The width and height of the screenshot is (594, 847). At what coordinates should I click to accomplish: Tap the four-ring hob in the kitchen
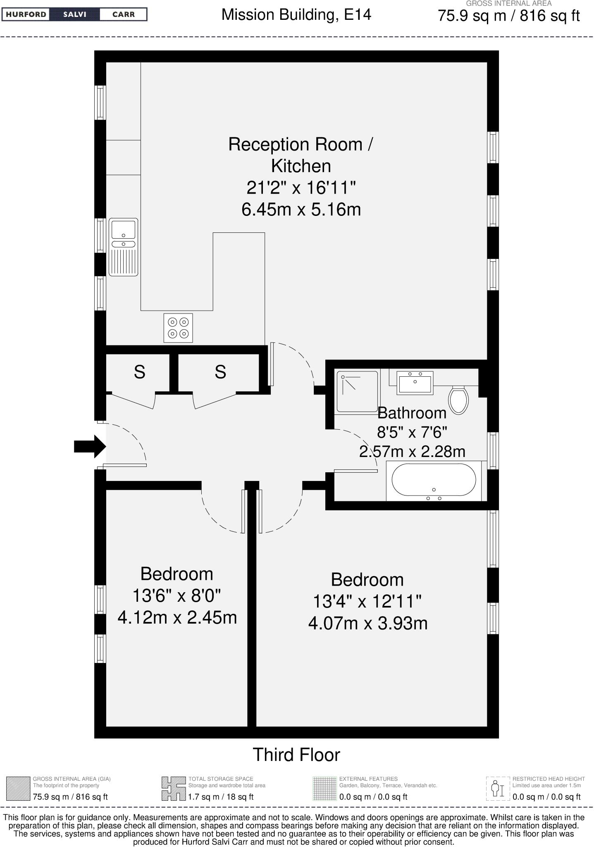coord(178,328)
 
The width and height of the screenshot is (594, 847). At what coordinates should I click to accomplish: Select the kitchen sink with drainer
coord(123,247)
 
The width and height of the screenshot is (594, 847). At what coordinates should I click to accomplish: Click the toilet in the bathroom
coord(458,400)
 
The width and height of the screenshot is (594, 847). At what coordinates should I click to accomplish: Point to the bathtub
coord(434,480)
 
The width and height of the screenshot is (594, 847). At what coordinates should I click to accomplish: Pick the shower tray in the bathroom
coord(357,391)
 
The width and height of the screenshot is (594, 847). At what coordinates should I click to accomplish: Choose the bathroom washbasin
coord(415,383)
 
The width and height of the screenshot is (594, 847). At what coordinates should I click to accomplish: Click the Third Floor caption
coord(296,755)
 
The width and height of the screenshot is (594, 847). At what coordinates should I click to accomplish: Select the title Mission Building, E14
coord(296,15)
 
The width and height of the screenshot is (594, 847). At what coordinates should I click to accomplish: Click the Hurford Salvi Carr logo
coord(74,14)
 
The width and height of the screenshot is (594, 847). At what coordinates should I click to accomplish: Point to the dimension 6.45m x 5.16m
coord(301,209)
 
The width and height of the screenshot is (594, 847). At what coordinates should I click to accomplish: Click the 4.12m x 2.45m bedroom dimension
coord(177,617)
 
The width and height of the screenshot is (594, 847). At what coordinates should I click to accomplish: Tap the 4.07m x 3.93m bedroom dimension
coord(368,623)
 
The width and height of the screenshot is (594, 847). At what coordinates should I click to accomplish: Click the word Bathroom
coord(412,413)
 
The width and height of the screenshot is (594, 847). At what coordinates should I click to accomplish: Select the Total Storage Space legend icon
coord(173,788)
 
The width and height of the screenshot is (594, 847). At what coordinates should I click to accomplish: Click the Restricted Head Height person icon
coord(498,788)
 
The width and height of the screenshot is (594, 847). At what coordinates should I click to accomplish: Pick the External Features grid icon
coord(324,788)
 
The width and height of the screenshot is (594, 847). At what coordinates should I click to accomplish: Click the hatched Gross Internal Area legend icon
coord(18,788)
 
